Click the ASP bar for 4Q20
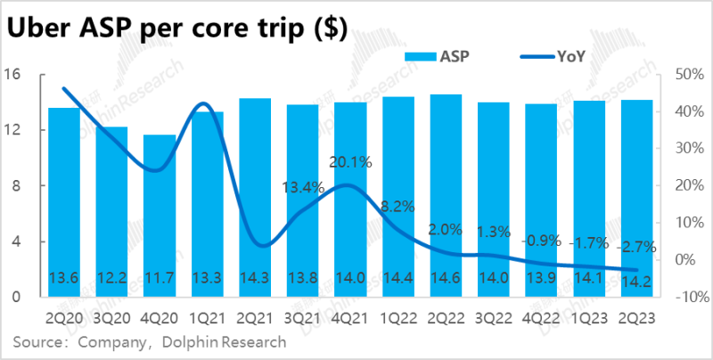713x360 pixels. (x=160, y=214)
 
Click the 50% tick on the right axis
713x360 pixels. (x=681, y=74)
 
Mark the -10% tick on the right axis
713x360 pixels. (x=683, y=297)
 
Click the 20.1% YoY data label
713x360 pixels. (x=349, y=162)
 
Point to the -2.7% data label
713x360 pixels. (x=637, y=246)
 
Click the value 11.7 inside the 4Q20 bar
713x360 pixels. (x=160, y=278)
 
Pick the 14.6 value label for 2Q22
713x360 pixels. (x=446, y=278)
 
